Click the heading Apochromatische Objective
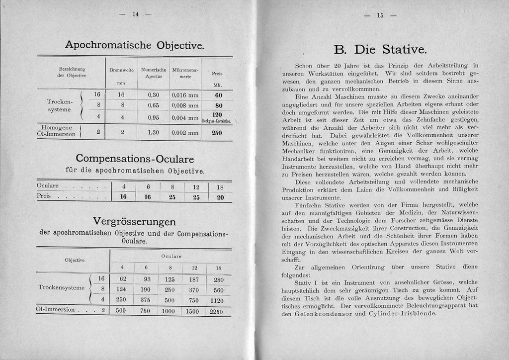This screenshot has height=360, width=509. pyautogui.click(x=135, y=45)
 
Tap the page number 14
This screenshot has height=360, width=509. pyautogui.click(x=135, y=14)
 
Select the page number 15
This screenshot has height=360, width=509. pyautogui.click(x=380, y=15)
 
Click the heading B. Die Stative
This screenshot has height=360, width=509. pyautogui.click(x=380, y=49)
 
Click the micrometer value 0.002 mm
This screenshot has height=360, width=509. pyautogui.click(x=184, y=133)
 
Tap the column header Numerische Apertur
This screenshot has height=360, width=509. pyautogui.click(x=153, y=74)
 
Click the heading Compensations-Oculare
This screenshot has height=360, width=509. pyautogui.click(x=135, y=159)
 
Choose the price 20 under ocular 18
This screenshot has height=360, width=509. pyautogui.click(x=220, y=197)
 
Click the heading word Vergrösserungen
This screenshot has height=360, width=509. pyautogui.click(x=135, y=221)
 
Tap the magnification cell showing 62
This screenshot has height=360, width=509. pyautogui.click(x=122, y=279)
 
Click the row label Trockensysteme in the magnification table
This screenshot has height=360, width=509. pyautogui.click(x=61, y=287)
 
